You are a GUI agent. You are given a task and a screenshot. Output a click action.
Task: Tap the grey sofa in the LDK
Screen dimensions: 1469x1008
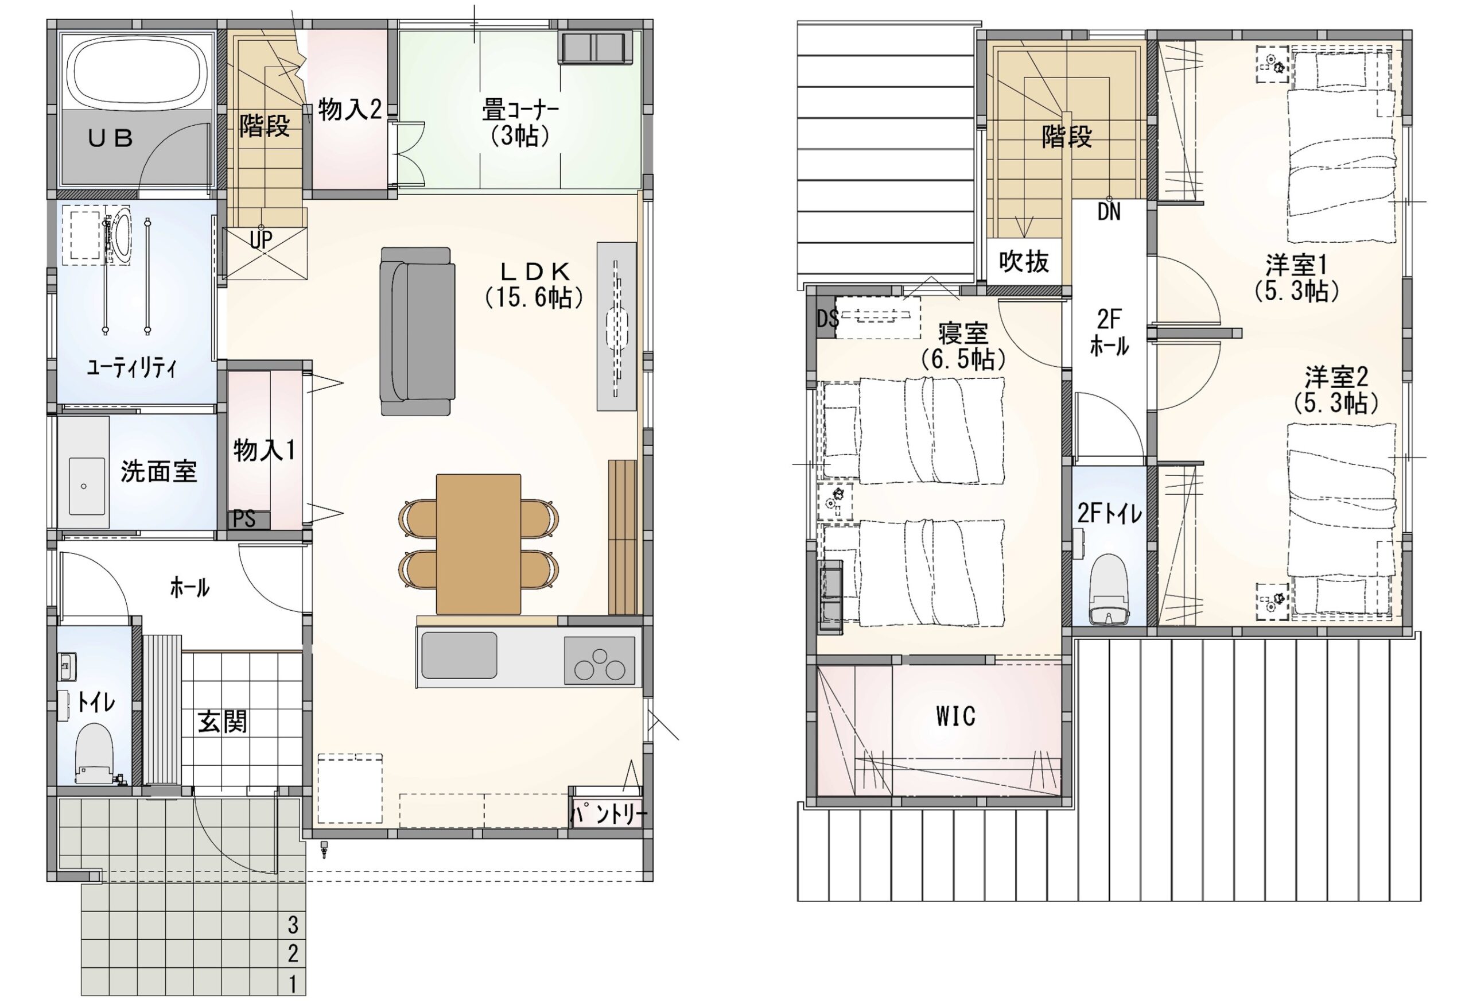pyautogui.click(x=417, y=331)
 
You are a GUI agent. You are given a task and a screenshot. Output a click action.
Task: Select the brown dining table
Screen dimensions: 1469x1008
pyautogui.click(x=479, y=544)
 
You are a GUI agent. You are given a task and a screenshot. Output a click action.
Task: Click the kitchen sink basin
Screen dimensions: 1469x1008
pyautogui.click(x=459, y=655)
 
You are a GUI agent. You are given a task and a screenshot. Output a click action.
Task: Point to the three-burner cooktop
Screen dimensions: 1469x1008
pyautogui.click(x=599, y=660)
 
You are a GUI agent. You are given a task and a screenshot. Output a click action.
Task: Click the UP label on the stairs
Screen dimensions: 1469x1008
pyautogui.click(x=261, y=241)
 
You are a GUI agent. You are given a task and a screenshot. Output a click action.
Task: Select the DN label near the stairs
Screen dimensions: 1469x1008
pyautogui.click(x=1109, y=212)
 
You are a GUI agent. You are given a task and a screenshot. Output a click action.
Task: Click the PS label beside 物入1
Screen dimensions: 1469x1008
pyautogui.click(x=244, y=519)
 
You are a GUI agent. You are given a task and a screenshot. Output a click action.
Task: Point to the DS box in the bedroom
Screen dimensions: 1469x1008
pyautogui.click(x=826, y=319)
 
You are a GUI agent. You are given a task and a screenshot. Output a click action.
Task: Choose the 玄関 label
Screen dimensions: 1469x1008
pyautogui.click(x=223, y=722)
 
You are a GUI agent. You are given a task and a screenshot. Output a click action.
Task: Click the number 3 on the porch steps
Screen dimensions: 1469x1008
pyautogui.click(x=293, y=925)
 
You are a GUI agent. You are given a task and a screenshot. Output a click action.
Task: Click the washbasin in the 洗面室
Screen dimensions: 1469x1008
pyautogui.click(x=87, y=486)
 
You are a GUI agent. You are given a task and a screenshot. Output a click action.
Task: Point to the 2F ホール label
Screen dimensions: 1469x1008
pyautogui.click(x=1109, y=332)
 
